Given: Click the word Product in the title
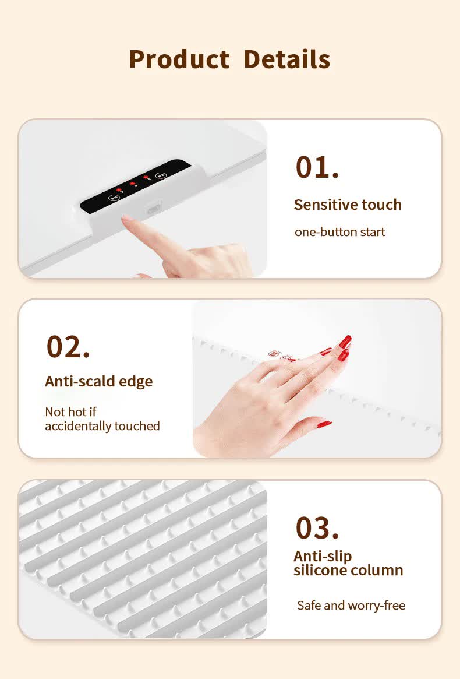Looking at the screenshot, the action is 179,59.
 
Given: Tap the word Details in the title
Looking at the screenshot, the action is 287,59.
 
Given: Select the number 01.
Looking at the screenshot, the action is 317,167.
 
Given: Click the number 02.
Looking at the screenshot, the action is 68,347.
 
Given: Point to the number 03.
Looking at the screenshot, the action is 317,528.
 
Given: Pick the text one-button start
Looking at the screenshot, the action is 339,232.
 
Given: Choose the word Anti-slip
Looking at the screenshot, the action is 323,557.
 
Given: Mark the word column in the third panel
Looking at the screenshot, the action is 377,571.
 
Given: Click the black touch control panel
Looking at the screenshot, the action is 135,186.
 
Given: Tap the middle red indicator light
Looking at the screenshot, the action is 132,184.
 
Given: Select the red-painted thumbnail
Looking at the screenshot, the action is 324,424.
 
